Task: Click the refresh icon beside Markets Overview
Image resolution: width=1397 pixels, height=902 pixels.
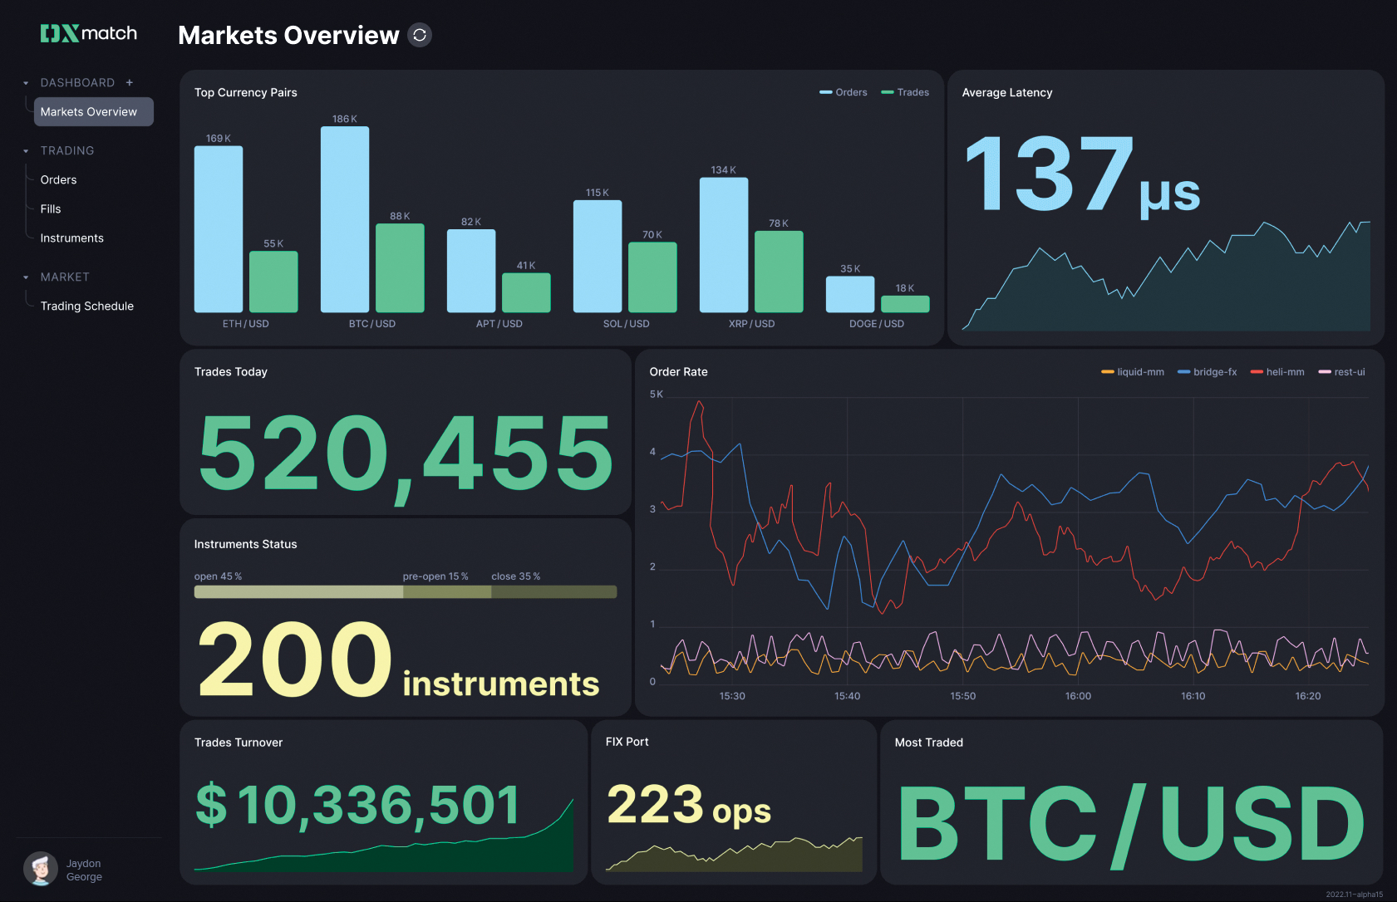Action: click(x=420, y=35)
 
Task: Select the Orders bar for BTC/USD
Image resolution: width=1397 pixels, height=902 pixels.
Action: click(x=345, y=219)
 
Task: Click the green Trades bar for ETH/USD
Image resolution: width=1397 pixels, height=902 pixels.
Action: click(x=273, y=282)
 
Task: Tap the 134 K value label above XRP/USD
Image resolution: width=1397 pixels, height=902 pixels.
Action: click(x=723, y=170)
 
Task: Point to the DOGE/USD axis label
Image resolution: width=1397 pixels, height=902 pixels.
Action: click(x=876, y=324)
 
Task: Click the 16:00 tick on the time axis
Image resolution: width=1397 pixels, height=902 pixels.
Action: click(x=1078, y=696)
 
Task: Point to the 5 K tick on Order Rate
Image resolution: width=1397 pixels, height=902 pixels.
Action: click(x=657, y=395)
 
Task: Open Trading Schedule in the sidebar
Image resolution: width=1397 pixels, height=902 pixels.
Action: click(x=87, y=306)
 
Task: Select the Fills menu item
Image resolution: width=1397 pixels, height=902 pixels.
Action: click(x=51, y=209)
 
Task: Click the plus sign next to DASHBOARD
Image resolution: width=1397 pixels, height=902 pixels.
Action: click(x=130, y=83)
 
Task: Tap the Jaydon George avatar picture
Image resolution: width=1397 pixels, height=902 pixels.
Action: click(x=41, y=870)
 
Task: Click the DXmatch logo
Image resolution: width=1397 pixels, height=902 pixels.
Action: click(x=89, y=33)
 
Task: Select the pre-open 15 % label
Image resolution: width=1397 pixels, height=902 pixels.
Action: click(x=435, y=576)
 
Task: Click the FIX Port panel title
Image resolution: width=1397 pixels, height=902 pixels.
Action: click(x=627, y=743)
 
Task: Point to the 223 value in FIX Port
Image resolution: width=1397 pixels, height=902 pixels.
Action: click(x=655, y=805)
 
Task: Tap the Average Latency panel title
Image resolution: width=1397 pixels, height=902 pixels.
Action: click(x=1006, y=93)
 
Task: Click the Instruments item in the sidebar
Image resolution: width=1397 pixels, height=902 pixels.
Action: click(x=72, y=238)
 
